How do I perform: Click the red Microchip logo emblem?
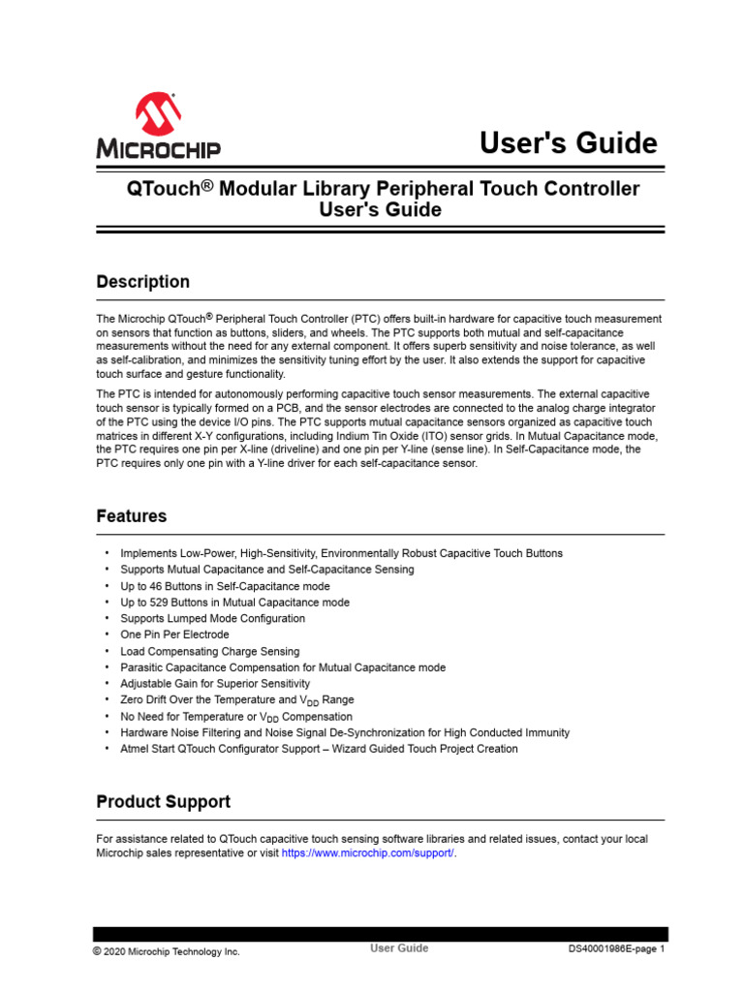pos(157,113)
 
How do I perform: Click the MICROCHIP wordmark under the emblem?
pos(158,149)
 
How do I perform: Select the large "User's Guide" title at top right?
pos(569,143)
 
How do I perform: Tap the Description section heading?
pos(142,282)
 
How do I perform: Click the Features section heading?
pos(131,516)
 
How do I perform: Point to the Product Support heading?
pos(163,801)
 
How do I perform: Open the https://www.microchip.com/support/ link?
pos(367,853)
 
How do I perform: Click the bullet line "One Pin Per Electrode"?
pos(174,635)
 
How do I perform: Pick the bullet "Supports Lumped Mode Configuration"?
pos(212,618)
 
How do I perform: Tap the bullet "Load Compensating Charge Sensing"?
pos(209,651)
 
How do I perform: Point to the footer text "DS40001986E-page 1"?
pos(616,949)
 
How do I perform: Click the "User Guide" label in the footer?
pos(399,948)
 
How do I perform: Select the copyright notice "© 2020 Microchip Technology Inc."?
pos(166,951)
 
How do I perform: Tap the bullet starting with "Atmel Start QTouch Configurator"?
pos(319,749)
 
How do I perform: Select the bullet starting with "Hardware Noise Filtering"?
pos(345,732)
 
